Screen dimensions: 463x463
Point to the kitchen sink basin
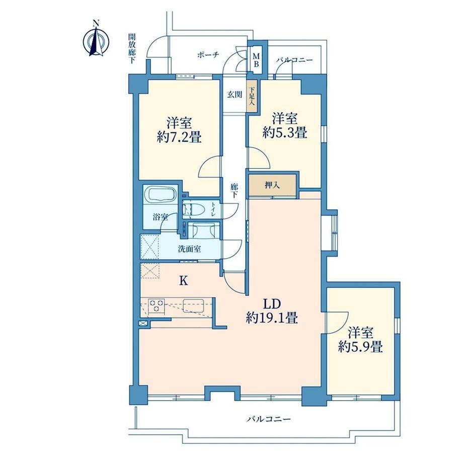point(193,305)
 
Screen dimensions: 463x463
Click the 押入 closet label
point(272,185)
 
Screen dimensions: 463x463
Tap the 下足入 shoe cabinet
point(252,96)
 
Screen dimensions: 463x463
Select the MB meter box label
point(256,60)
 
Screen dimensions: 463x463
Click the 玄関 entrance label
point(235,95)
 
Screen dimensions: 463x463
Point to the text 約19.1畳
point(272,319)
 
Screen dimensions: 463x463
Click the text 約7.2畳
point(179,137)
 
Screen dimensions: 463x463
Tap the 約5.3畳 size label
point(285,132)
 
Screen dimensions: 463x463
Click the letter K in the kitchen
point(184,281)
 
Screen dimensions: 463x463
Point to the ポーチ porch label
point(208,55)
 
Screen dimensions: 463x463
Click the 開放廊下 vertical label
point(131,49)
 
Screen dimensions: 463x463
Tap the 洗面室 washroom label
point(189,249)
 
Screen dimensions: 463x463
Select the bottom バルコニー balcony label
point(269,419)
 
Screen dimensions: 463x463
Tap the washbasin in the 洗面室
point(202,229)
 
